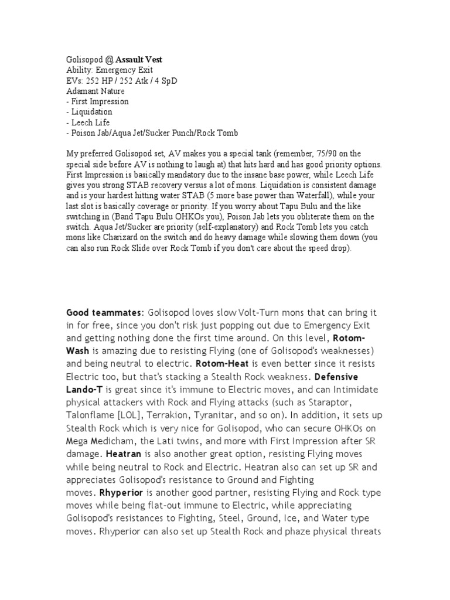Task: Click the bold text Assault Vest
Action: [x=139, y=60]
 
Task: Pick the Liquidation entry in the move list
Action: [x=91, y=112]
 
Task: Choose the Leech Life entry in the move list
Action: [x=88, y=122]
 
